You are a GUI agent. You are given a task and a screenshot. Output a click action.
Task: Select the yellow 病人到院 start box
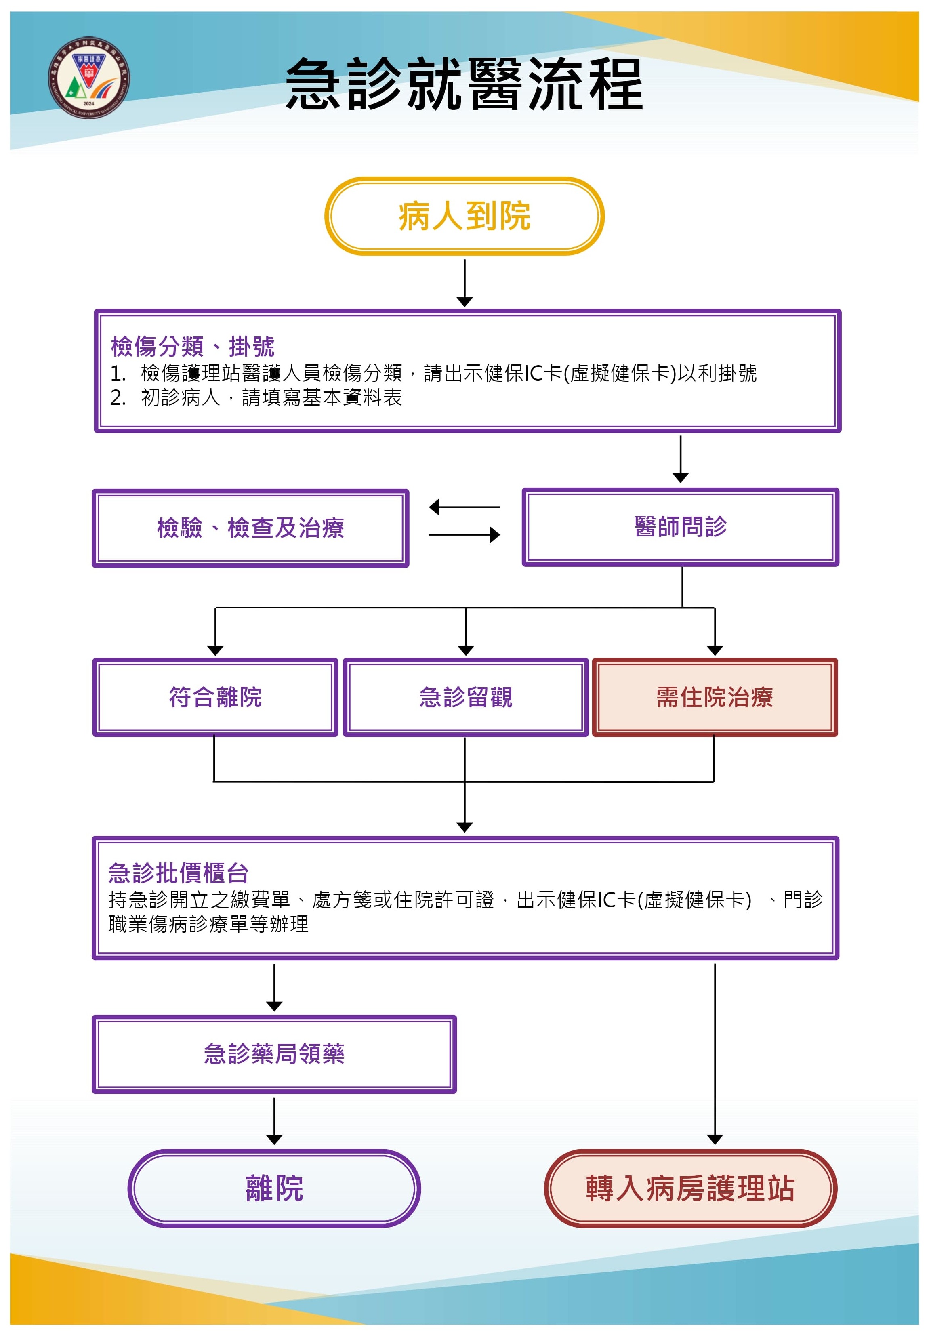464,216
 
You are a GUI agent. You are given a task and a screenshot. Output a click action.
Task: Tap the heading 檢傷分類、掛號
192,347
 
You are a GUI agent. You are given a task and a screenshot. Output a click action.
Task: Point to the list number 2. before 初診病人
118,398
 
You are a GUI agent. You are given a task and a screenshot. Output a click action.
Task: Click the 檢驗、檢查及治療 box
250,528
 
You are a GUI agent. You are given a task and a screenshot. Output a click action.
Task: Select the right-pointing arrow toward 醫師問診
464,535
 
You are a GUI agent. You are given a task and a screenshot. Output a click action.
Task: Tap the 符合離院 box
215,697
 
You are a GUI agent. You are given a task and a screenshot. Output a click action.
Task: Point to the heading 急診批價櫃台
178,873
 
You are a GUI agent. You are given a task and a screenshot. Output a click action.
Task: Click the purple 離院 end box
274,1188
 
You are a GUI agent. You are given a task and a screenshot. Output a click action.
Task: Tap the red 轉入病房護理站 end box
690,1188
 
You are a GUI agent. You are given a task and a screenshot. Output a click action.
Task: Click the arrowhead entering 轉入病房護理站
715,1139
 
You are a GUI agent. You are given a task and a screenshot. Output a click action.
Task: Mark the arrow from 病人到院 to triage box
464,283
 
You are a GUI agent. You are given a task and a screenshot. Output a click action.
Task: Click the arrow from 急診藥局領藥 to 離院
274,1121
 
